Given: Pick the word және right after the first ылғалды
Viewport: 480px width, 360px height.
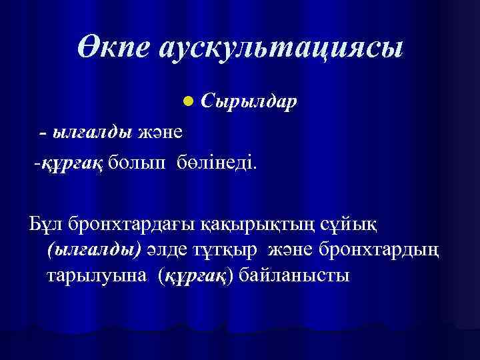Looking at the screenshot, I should click(x=161, y=132).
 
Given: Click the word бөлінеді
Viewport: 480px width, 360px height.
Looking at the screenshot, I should click(x=215, y=162).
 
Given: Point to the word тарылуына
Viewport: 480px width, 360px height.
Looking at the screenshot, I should click(x=93, y=274).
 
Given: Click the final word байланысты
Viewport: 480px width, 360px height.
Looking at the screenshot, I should click(x=293, y=274).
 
